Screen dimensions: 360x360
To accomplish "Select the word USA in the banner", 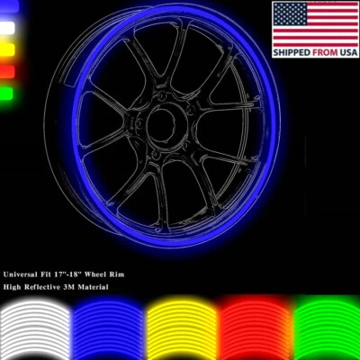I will pyautogui.click(x=346, y=53).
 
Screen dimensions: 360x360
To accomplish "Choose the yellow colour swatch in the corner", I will pyautogui.click(x=8, y=49).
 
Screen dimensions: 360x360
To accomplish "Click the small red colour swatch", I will pyautogui.click(x=8, y=70).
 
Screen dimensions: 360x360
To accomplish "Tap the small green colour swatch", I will pyautogui.click(x=8, y=92).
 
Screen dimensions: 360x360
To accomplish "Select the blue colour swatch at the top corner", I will pyautogui.click(x=8, y=6).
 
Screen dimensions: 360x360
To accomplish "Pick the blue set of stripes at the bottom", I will pyautogui.click(x=108, y=328).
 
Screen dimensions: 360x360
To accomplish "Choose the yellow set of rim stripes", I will pyautogui.click(x=180, y=328).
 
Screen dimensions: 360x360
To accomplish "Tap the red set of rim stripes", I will pyautogui.click(x=252, y=328).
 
